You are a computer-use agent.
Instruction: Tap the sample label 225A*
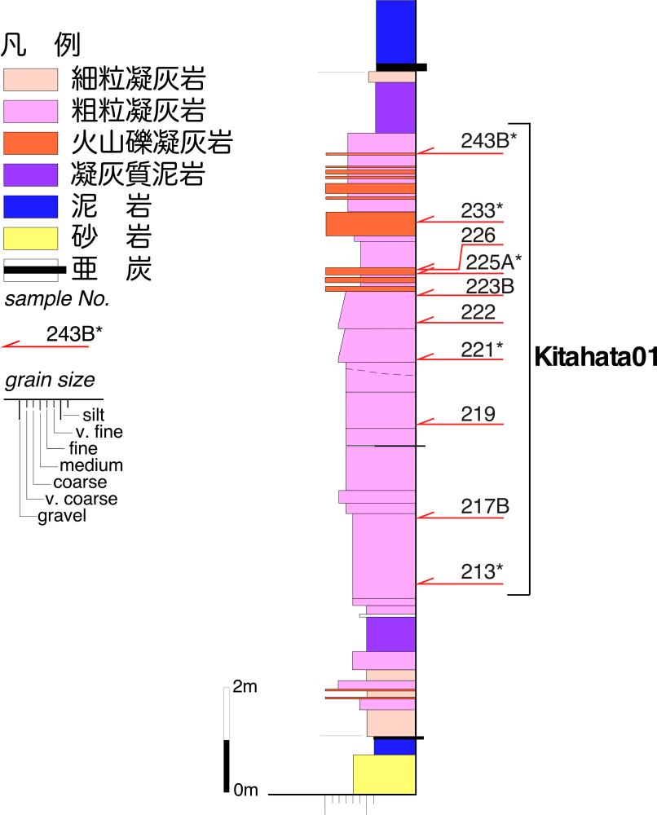point(493,261)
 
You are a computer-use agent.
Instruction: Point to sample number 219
point(478,413)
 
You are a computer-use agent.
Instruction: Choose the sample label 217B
point(485,506)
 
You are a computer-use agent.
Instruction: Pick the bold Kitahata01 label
point(594,357)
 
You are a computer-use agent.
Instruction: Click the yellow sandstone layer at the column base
point(384,773)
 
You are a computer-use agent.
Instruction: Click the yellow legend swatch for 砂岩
point(30,238)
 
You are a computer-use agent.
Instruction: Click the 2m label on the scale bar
point(245,687)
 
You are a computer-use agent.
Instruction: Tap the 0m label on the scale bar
point(245,790)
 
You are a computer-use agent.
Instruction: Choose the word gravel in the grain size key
point(62,516)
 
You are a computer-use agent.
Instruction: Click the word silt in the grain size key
point(93,416)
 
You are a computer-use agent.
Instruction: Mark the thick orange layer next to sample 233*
point(370,224)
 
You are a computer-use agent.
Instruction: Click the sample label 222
point(478,312)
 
